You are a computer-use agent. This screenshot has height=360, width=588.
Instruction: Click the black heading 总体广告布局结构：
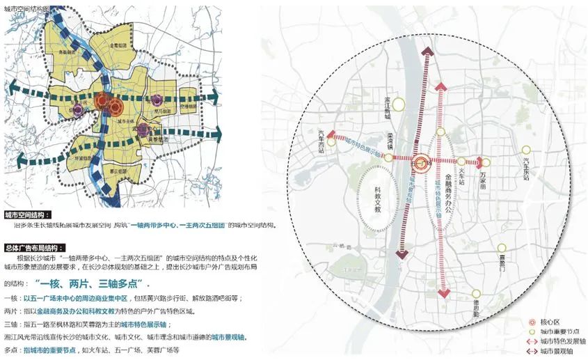34,248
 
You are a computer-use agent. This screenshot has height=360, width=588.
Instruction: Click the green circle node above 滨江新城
398,105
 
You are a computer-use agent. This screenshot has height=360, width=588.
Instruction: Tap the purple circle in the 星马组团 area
159,100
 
